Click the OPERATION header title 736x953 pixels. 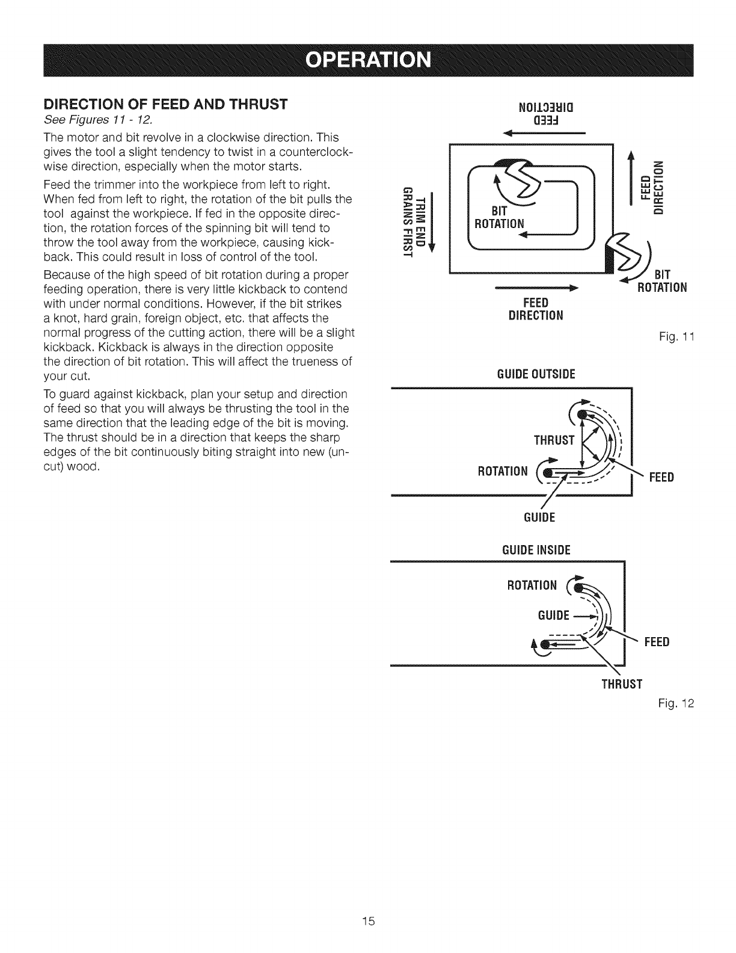368,61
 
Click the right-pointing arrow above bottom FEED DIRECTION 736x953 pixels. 535,289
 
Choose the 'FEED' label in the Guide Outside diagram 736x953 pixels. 661,478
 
